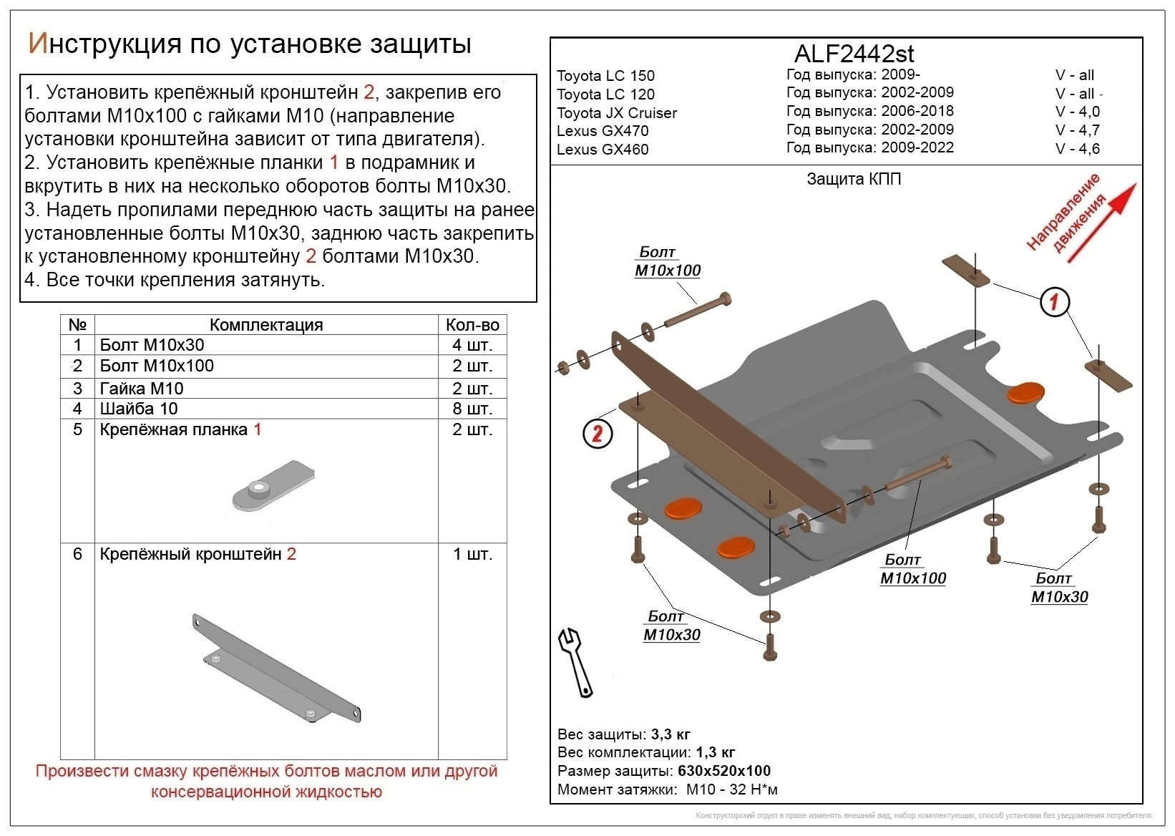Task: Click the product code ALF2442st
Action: point(854,54)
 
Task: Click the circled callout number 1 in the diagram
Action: point(1054,302)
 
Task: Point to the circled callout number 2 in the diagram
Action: point(598,434)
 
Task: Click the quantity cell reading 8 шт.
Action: point(472,409)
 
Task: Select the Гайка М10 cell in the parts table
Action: point(142,389)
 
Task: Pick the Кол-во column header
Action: point(472,325)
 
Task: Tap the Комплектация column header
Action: point(266,325)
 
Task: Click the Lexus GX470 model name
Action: point(603,131)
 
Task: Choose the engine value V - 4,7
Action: point(1077,130)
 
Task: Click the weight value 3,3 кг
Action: point(671,734)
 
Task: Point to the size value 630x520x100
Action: point(722,771)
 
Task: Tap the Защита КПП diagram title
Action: point(854,179)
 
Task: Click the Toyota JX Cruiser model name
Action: point(617,112)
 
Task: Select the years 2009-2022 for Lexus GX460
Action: point(917,147)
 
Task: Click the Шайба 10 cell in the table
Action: point(139,409)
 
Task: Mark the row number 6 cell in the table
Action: point(77,554)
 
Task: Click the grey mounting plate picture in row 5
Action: point(273,486)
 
